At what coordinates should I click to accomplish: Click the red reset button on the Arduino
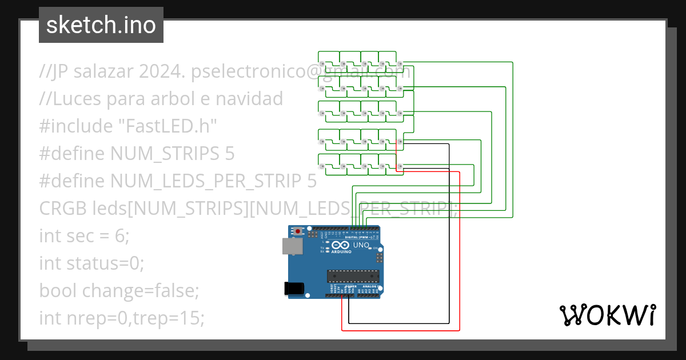297,231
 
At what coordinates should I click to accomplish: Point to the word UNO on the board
361,245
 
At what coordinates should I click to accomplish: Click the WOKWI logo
607,315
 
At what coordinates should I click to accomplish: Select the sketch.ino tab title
101,25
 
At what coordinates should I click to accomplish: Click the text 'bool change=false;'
119,291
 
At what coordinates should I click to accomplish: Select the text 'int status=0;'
91,263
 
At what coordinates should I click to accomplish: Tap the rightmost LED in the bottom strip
400,166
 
